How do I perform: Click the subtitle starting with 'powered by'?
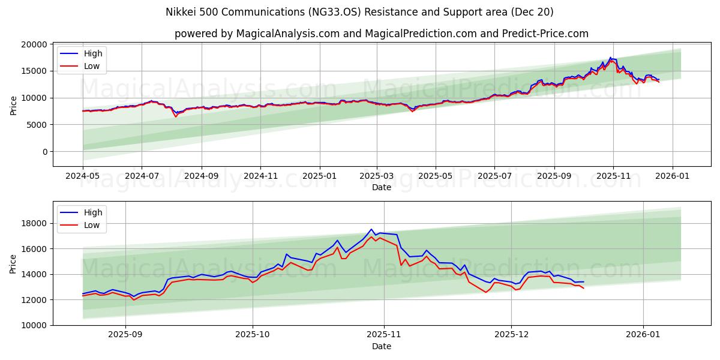(x=381, y=34)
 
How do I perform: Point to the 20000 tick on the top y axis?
(x=34, y=44)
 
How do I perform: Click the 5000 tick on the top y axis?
(x=37, y=125)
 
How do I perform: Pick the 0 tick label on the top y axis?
(x=44, y=152)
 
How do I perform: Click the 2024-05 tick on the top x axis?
(x=83, y=177)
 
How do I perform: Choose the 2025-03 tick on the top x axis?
(x=377, y=177)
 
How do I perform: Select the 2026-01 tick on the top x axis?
(x=672, y=177)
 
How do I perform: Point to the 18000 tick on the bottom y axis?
(x=34, y=223)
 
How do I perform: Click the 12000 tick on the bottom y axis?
(x=34, y=300)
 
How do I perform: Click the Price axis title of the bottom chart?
(x=13, y=263)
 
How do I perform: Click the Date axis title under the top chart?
(x=381, y=187)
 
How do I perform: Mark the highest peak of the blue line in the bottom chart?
(x=371, y=229)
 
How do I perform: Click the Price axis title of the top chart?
(x=13, y=105)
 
